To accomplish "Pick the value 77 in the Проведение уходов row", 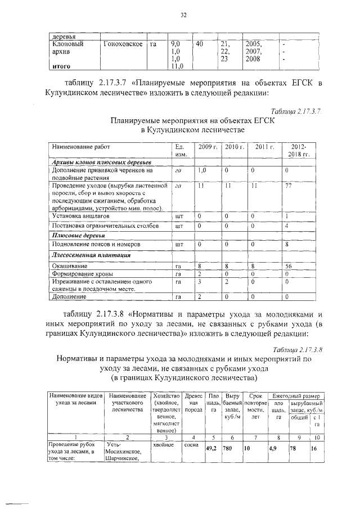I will [x=289, y=185].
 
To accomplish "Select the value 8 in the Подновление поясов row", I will [x=287, y=245].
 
